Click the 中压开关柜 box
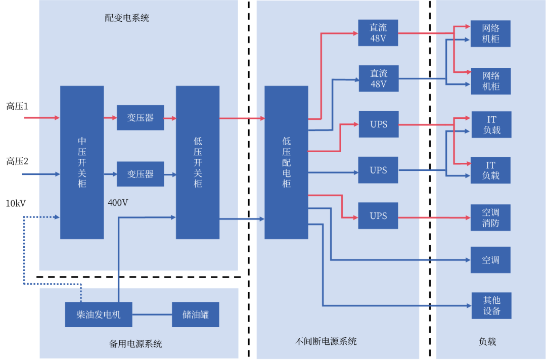coord(82,162)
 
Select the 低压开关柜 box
coord(198,162)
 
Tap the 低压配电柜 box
coord(286,162)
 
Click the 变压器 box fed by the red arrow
coord(141,118)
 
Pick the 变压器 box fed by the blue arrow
coord(141,174)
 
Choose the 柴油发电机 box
coord(99,314)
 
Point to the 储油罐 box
coord(196,314)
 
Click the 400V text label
coord(118,203)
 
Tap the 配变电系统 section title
coord(127,18)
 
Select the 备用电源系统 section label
coord(135,344)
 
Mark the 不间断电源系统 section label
coord(326,341)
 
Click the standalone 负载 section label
coord(487,342)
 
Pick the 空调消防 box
coord(490,218)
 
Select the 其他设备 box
coord(491,305)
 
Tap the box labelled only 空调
coord(490,260)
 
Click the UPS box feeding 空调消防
coord(378,216)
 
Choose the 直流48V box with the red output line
coord(378,33)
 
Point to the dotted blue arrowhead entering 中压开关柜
coord(57,217)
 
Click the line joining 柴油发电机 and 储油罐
coord(152,314)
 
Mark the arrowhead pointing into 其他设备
coord(468,305)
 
